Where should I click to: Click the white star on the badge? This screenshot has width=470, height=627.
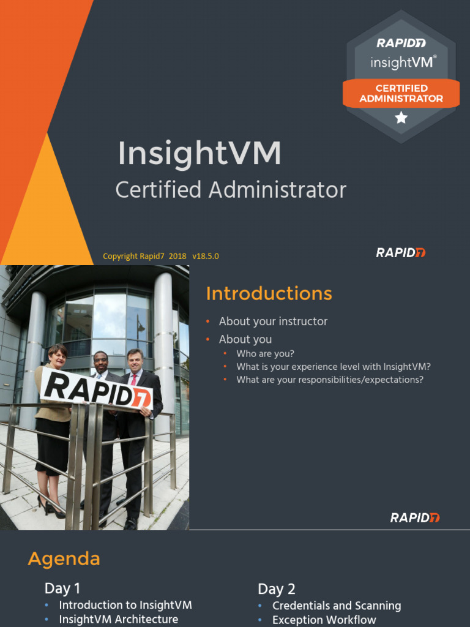401,118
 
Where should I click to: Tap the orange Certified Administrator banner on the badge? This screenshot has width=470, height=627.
401,93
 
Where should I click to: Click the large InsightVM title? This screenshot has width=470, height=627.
200,153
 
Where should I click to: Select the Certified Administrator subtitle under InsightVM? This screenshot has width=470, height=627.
231,190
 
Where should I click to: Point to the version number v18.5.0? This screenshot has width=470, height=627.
205,257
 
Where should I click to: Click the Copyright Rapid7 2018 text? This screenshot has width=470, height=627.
144,257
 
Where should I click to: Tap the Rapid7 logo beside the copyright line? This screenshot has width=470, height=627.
401,252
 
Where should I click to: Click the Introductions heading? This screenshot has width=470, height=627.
269,294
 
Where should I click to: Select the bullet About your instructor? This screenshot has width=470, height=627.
273,321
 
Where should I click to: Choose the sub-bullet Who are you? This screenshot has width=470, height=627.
265,354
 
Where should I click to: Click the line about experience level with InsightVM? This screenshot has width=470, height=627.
334,367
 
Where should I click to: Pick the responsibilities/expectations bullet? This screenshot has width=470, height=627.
330,380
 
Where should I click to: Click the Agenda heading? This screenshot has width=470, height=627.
64,559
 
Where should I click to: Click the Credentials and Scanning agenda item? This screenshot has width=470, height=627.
337,606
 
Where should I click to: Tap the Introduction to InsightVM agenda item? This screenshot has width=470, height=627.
125,605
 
